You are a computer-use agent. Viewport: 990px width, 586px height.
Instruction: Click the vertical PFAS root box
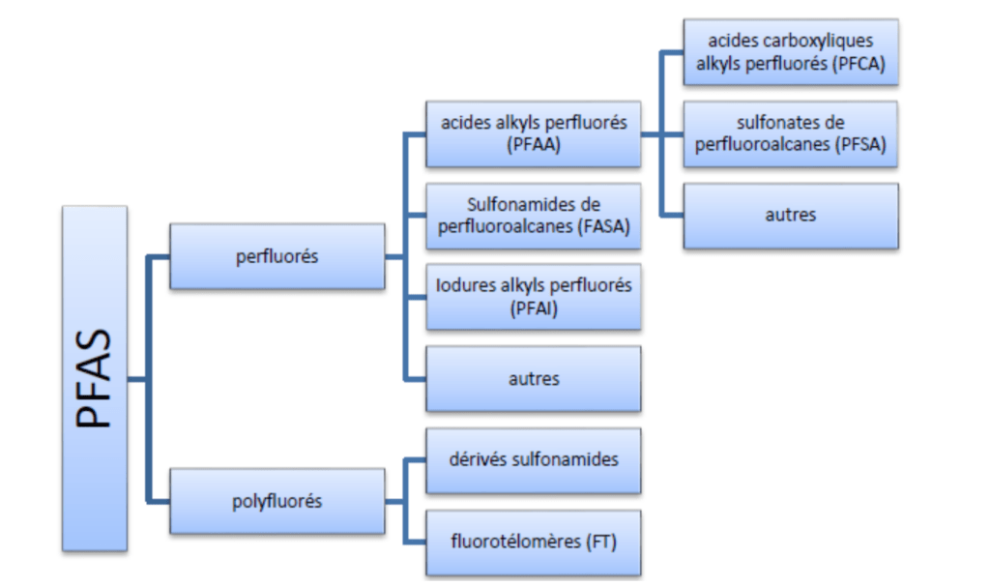[95, 378]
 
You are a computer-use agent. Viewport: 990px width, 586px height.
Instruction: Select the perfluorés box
[277, 256]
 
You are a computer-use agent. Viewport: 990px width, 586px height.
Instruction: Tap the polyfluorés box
[277, 501]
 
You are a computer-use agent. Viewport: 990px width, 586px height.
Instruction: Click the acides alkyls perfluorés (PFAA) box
[534, 133]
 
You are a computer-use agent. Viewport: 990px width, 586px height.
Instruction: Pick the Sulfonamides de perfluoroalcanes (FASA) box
[534, 216]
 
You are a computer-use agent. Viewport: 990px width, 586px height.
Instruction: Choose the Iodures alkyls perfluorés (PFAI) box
[534, 297]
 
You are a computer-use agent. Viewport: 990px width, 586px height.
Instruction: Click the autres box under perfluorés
[534, 378]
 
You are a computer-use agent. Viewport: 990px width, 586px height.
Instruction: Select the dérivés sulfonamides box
[534, 460]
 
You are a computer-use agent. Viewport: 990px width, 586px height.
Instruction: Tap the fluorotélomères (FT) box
[534, 542]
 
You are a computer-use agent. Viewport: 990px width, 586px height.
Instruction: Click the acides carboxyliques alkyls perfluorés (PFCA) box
[791, 52]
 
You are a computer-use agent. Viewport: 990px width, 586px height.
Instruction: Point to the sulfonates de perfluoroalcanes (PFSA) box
[791, 133]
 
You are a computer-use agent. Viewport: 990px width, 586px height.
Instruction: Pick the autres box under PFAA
[791, 216]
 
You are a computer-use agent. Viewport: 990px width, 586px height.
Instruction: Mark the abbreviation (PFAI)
[534, 309]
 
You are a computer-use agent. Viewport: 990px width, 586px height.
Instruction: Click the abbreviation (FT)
[599, 542]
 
